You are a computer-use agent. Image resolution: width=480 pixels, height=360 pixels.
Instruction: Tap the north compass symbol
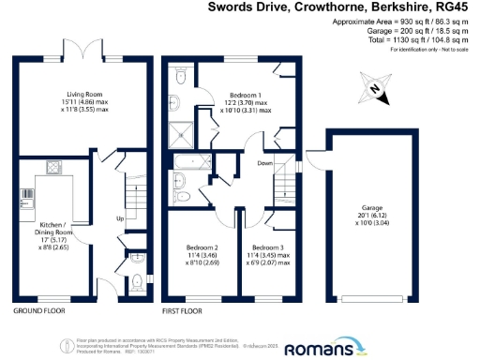[x=375, y=87]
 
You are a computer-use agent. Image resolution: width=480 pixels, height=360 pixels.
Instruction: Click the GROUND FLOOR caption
[x=38, y=310]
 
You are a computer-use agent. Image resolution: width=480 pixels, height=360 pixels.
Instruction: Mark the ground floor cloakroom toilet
[x=139, y=280]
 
